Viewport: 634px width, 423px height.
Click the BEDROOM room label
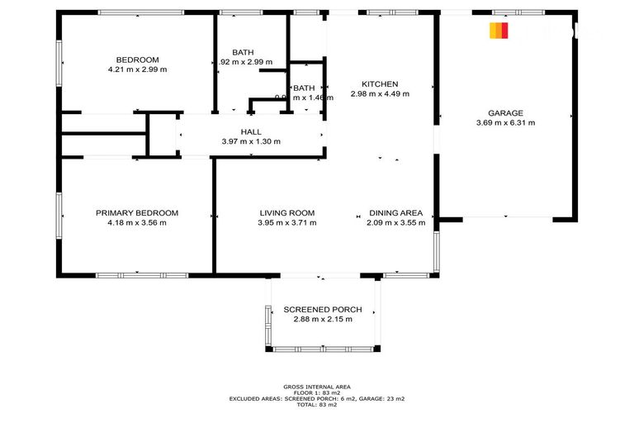point(137,59)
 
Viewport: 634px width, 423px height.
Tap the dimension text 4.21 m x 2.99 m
point(137,70)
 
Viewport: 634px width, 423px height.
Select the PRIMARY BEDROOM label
point(136,212)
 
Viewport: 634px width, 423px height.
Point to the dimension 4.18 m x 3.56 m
point(136,222)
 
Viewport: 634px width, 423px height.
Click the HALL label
point(251,131)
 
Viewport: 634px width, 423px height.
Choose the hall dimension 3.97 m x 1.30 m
point(251,141)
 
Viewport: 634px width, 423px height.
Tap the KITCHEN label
point(380,83)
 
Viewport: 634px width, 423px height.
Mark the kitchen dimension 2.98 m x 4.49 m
point(380,94)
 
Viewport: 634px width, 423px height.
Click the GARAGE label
point(505,112)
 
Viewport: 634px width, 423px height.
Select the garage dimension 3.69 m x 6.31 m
point(505,123)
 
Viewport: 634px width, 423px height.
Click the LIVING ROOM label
point(286,212)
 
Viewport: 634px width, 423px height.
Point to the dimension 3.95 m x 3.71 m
point(286,222)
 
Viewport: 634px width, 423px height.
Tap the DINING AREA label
point(395,212)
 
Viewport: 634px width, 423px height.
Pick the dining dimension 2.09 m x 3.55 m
point(395,222)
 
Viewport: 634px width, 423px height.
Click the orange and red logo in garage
point(499,31)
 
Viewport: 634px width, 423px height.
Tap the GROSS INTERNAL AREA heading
point(317,387)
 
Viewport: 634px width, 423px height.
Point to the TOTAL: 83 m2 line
point(317,404)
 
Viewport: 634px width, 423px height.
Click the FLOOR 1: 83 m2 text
point(317,392)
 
